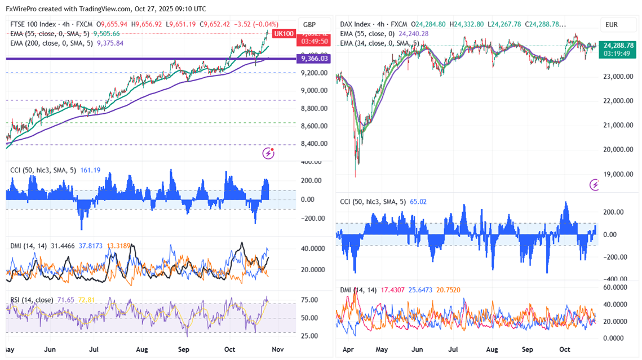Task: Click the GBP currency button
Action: (309, 25)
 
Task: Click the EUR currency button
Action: (612, 25)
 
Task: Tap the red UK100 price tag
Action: (283, 34)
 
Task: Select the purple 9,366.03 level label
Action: (315, 58)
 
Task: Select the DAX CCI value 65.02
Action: (420, 201)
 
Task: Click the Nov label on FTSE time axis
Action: (277, 349)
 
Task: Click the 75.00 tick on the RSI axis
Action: (308, 300)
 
